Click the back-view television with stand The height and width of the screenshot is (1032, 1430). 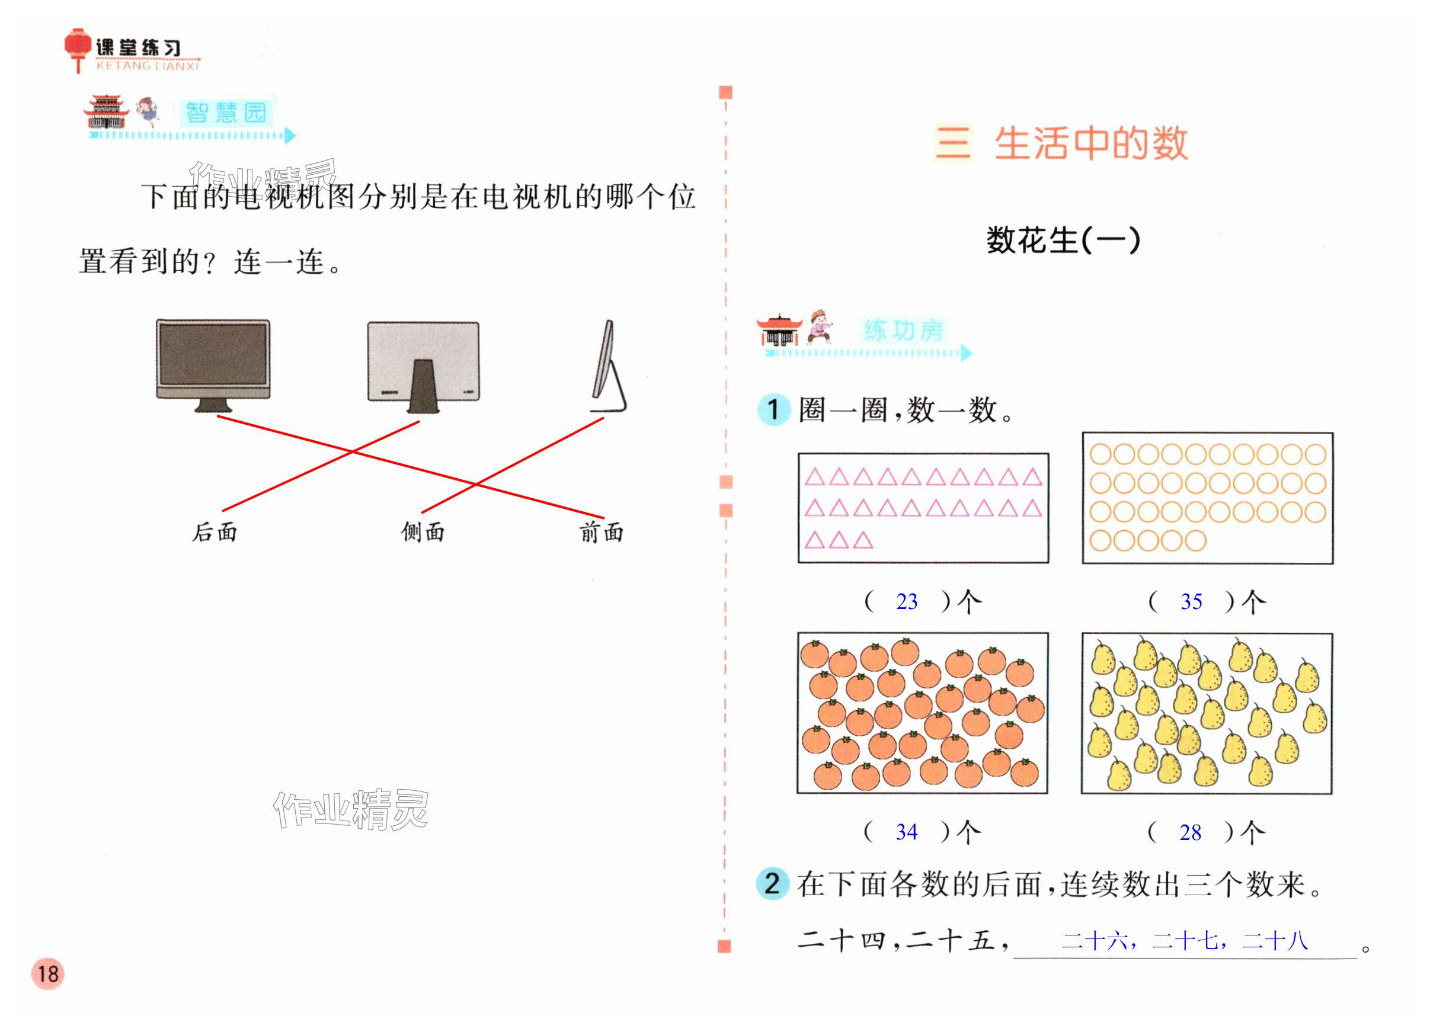423,366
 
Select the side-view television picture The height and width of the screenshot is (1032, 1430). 608,366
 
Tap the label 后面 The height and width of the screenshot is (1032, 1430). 215,533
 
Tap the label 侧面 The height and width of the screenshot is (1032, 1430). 423,533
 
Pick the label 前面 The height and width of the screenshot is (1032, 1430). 602,533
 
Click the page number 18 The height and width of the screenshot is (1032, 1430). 48,973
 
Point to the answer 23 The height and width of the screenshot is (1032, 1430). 907,602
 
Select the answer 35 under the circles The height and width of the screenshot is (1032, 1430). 1191,602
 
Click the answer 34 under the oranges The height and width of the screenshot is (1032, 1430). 907,832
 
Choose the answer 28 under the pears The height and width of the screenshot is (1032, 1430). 1191,833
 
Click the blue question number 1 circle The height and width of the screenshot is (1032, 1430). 773,410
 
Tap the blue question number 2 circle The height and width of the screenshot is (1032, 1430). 772,883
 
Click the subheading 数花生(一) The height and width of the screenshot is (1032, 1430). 1063,240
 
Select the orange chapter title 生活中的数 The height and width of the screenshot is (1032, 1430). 1091,144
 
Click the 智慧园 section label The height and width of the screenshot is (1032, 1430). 226,114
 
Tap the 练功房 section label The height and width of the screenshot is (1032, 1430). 904,331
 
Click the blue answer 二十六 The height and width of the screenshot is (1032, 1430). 1095,942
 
